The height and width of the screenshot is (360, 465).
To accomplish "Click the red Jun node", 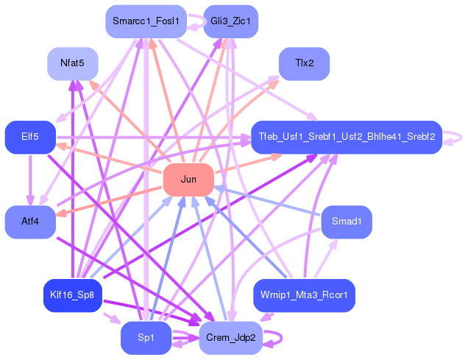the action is click(188, 180).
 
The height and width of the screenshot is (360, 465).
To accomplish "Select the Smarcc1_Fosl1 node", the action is click(146, 21).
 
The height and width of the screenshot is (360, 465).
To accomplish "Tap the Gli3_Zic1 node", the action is click(231, 21).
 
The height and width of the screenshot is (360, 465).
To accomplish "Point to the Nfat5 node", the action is click(73, 63).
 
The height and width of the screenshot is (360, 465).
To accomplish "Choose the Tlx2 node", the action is click(305, 63).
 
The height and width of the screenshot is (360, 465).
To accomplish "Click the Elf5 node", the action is click(30, 137).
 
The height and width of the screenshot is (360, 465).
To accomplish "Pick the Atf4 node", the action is click(30, 222).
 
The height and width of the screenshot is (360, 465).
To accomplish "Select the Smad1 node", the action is click(347, 222).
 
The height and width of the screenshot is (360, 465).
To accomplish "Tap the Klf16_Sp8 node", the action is click(73, 295).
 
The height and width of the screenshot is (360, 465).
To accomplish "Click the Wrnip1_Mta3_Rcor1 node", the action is click(305, 295).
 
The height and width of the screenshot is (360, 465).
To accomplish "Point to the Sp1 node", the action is click(146, 338).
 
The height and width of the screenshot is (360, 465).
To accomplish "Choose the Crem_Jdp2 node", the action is click(231, 338).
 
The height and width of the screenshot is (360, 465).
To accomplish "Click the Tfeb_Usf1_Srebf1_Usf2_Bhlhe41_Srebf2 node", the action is click(347, 137).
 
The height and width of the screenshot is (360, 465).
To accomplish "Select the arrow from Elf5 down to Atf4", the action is click(30, 180).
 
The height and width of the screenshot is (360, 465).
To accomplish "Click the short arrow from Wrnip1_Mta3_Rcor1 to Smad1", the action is click(326, 258).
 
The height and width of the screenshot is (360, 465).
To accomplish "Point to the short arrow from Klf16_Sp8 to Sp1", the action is click(112, 318).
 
